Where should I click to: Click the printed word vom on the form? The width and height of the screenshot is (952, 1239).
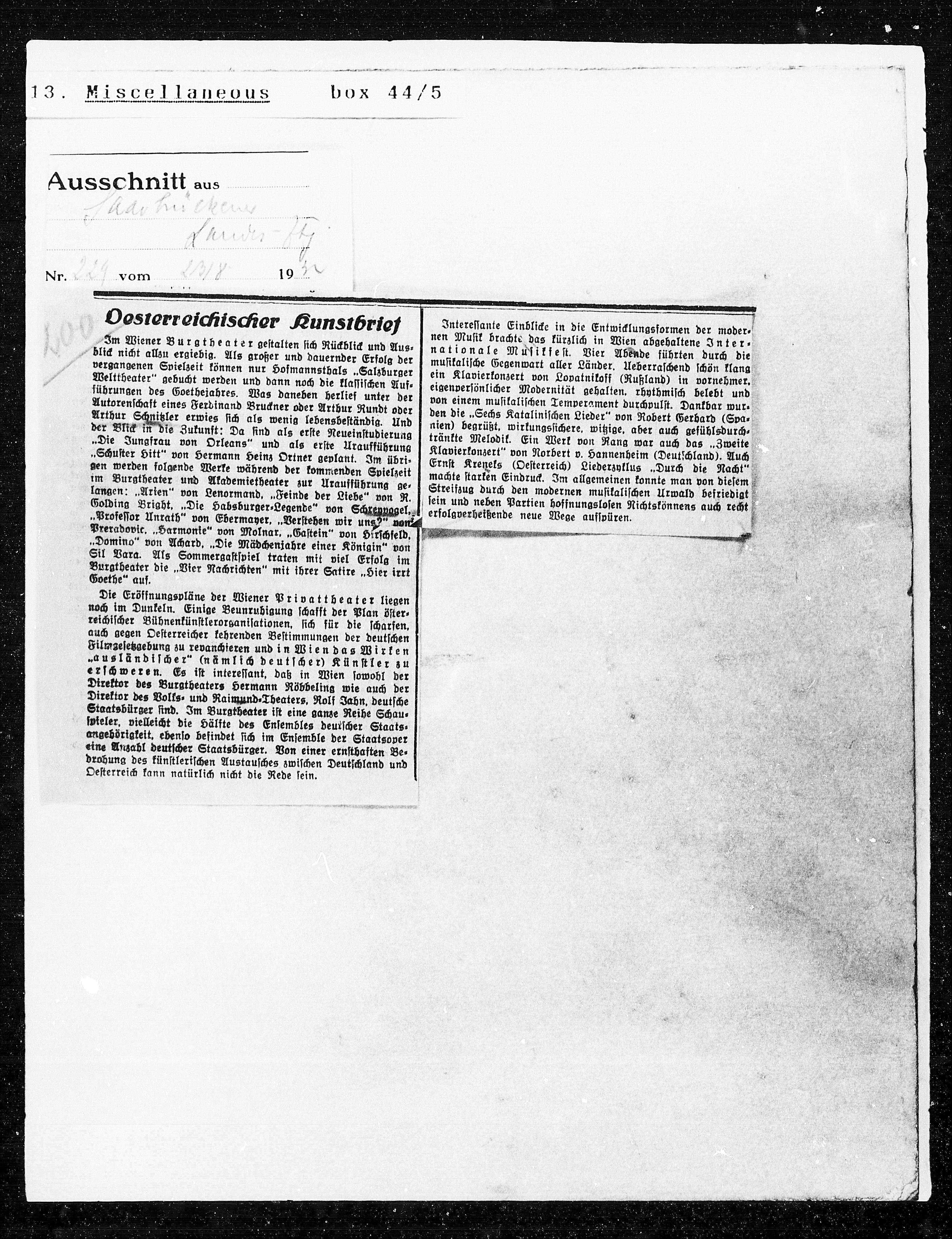pos(135,276)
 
